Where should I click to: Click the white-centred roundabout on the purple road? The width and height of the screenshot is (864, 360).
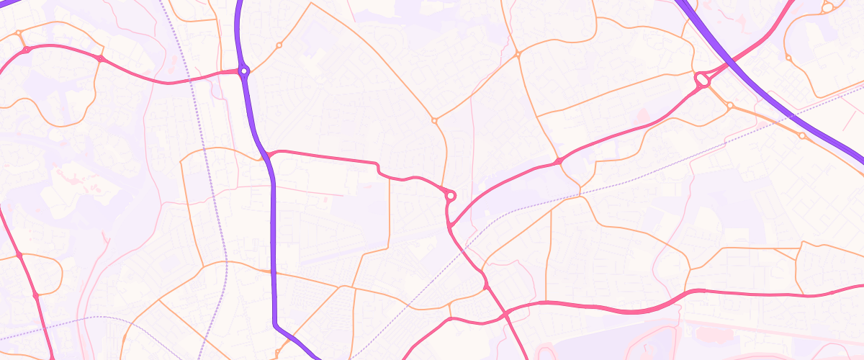[x=244, y=71]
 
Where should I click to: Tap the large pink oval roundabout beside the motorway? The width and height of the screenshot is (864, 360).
[x=702, y=80]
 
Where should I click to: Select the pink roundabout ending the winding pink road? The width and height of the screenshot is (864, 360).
[x=451, y=195]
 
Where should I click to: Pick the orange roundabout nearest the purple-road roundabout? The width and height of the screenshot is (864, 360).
[x=279, y=45]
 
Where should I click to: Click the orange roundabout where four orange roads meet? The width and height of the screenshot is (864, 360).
[x=517, y=54]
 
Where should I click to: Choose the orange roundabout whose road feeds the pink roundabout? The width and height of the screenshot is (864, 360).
[x=434, y=120]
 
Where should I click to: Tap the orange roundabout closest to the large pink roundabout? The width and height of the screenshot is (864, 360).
[x=729, y=106]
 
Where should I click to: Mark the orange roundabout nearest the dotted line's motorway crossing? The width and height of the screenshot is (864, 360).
[x=802, y=135]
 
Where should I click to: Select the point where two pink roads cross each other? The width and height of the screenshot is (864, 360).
[x=505, y=313]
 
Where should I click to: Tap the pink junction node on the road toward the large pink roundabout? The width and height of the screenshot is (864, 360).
[x=558, y=161]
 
